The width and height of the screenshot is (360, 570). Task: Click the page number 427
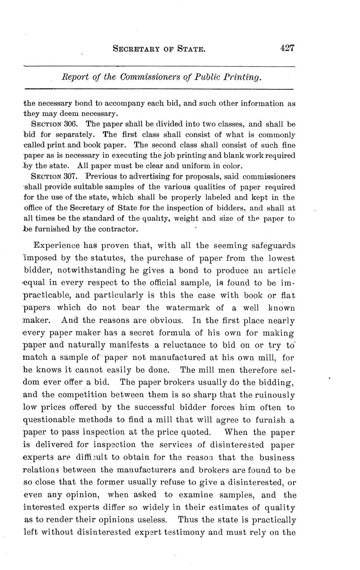coord(287,48)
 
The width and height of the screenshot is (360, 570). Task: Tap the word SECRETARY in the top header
coord(135,50)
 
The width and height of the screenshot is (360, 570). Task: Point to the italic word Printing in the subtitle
coord(243,77)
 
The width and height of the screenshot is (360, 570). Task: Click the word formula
coord(176,333)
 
